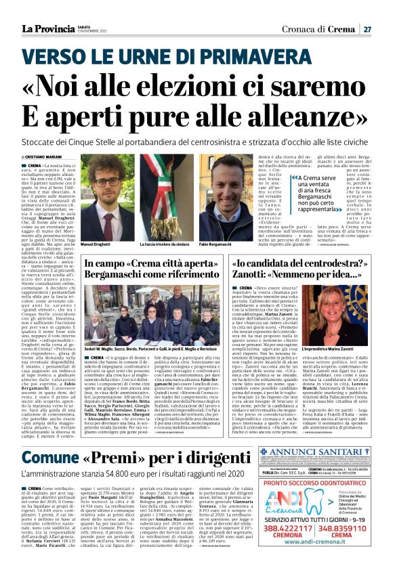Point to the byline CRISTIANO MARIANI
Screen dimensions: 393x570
(54, 157)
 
